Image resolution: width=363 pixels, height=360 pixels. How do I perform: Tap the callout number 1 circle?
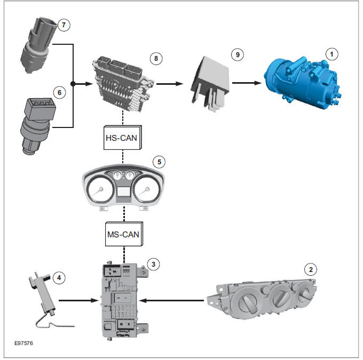point(333,54)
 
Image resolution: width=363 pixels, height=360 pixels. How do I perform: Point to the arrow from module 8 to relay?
point(171,83)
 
